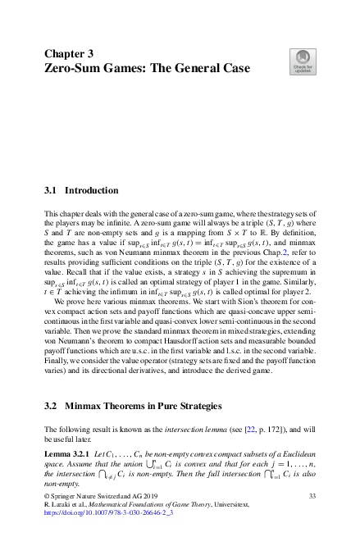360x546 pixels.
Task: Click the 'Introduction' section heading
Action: (x=92, y=190)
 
